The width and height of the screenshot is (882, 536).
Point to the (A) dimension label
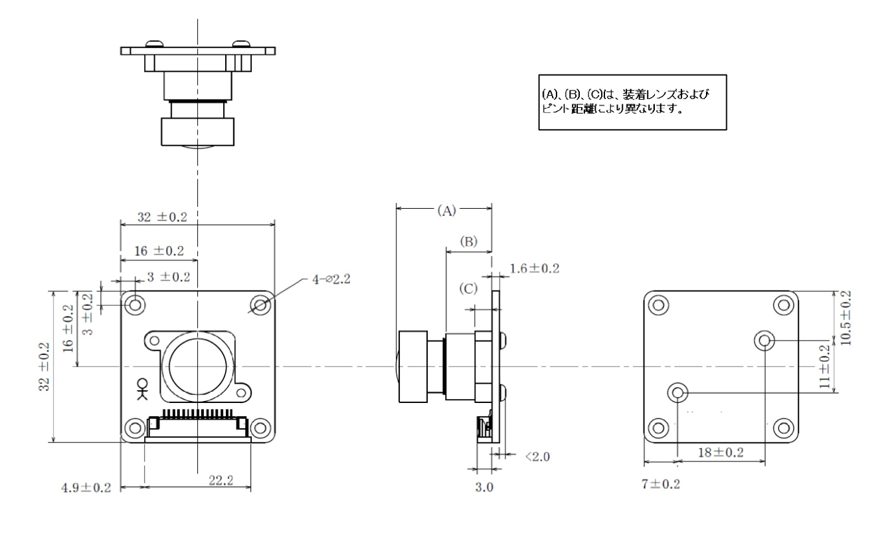(446, 210)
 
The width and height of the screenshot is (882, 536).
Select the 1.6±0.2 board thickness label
(534, 269)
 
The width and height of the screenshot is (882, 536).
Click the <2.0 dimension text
(536, 456)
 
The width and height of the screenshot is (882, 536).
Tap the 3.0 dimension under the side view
(484, 487)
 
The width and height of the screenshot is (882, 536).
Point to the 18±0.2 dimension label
(721, 452)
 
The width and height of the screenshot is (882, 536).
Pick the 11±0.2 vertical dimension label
(824, 367)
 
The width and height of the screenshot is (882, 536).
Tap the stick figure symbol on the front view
(141, 388)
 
